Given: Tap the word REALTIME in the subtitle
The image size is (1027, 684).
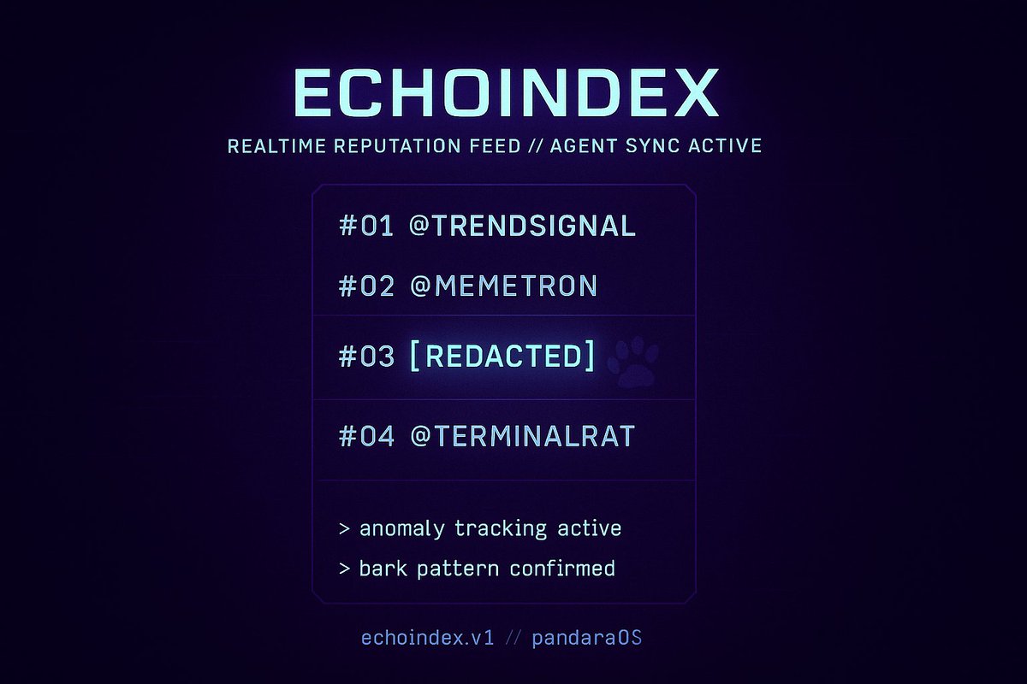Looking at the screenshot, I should pos(276,145).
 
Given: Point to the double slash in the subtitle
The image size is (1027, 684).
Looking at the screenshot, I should pos(536,145).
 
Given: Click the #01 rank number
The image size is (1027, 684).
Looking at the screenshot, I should pos(366,227).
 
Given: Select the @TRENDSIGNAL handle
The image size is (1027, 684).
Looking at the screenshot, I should pos(523,227).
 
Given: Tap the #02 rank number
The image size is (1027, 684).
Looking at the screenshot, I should pos(366,286).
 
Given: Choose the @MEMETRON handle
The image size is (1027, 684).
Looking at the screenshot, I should pos(503,286).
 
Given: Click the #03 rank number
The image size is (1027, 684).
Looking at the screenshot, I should pos(366,357).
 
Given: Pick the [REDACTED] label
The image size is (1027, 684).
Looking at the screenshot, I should pos(502,357).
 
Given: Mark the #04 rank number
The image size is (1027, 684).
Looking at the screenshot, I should pos(366,437).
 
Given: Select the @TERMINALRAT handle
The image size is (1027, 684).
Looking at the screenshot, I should pos(522,437).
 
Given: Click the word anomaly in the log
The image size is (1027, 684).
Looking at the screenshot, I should pos(401,529).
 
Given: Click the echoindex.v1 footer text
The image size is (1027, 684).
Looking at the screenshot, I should pos(428,639).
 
